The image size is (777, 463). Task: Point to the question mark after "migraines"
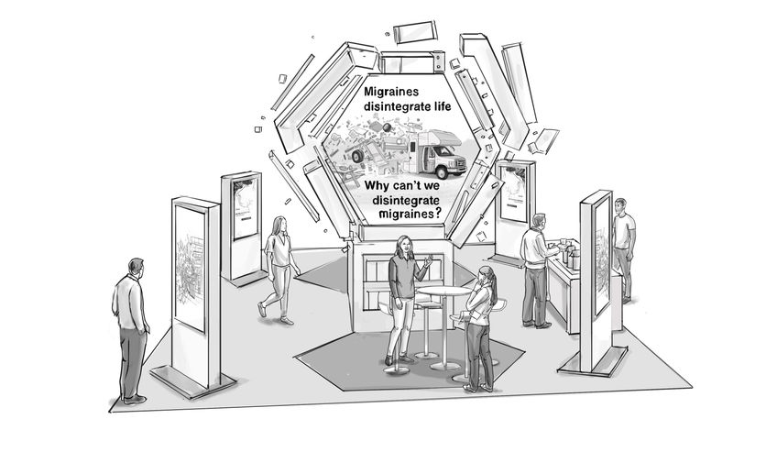pyautogui.click(x=439, y=213)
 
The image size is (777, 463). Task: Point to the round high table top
pyautogui.click(x=443, y=292)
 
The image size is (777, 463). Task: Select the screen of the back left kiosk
pyautogui.click(x=245, y=209)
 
